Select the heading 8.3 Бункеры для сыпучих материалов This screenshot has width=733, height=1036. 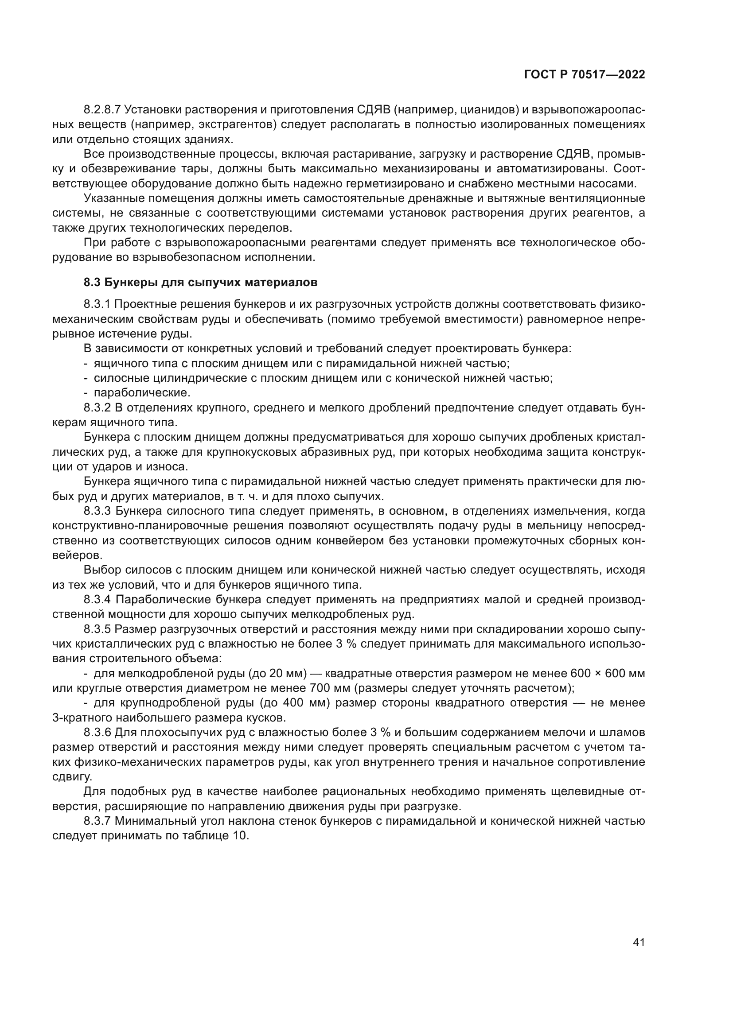click(200, 283)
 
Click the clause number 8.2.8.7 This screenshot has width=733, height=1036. click(102, 110)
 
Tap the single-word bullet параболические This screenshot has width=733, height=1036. click(142, 392)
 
